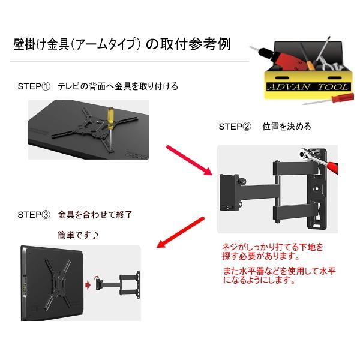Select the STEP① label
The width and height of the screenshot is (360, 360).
pyautogui.click(x=34, y=86)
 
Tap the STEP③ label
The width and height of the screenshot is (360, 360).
pyautogui.click(x=34, y=214)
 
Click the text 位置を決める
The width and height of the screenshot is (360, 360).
pyautogui.click(x=286, y=127)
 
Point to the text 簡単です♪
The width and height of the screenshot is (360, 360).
pyautogui.click(x=78, y=235)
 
